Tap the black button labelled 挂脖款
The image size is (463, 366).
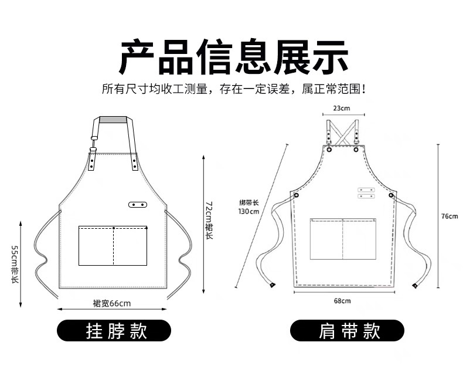coord(115,331)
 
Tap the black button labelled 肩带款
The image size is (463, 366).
coord(348,331)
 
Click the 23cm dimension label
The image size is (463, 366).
coord(341,109)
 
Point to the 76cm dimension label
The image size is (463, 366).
coord(450,216)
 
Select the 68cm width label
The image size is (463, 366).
coord(342,301)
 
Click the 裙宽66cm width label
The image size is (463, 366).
coord(111,303)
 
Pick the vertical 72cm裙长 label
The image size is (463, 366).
coord(209,219)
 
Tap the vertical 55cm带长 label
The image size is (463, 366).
coord(15,264)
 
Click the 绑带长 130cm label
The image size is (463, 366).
coord(248,207)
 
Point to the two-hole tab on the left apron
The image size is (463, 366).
coord(138,204)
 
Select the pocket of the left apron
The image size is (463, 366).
coord(113,245)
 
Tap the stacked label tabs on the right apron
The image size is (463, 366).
coord(366,193)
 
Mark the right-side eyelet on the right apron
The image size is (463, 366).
coord(391,196)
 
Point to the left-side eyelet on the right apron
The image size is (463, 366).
coord(296,195)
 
